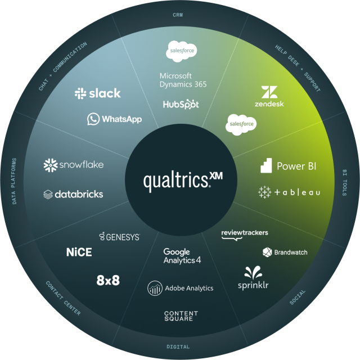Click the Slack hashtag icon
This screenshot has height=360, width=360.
tap(80, 93)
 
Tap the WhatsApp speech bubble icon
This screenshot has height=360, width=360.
tap(93, 119)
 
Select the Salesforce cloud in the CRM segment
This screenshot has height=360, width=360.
tap(182, 51)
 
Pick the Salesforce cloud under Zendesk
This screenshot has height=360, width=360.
tap(241, 124)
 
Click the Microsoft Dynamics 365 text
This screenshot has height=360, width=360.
tap(183, 80)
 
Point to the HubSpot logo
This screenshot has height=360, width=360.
tap(181, 104)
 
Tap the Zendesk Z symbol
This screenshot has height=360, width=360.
tap(269, 92)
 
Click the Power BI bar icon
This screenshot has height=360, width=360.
tap(266, 165)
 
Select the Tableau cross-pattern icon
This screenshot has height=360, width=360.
tap(264, 192)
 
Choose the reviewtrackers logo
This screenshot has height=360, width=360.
tap(245, 235)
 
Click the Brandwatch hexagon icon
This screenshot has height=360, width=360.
tap(267, 252)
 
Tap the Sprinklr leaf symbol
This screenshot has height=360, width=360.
tap(253, 272)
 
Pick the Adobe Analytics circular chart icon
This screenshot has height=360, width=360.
tap(155, 288)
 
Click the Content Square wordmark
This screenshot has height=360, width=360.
tap(181, 316)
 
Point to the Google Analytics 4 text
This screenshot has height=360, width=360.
tap(182, 256)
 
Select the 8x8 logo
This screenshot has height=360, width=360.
tap(108, 280)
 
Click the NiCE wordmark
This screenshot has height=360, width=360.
tap(79, 252)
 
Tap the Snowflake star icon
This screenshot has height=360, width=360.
tap(51, 165)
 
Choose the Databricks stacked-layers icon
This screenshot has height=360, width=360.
tap(48, 195)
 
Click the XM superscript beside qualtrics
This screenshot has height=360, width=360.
tap(216, 176)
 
